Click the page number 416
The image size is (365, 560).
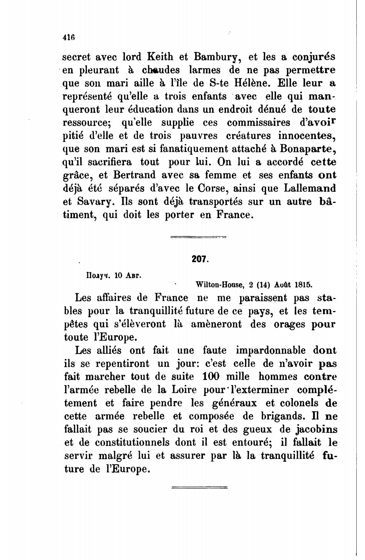(69, 37)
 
